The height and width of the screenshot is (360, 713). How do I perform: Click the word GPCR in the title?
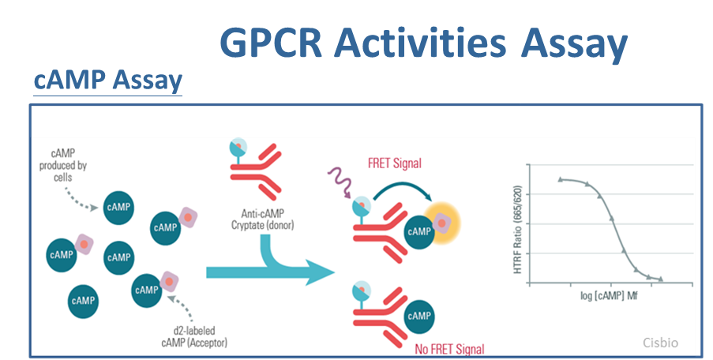(x=271, y=43)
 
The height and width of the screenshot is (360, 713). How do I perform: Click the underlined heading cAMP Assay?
(x=107, y=80)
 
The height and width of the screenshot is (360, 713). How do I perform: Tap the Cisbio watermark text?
(x=660, y=343)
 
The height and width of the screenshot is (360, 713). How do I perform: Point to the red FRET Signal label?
(x=395, y=163)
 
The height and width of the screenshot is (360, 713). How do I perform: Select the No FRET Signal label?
(x=449, y=349)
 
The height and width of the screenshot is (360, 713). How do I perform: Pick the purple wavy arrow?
(x=340, y=182)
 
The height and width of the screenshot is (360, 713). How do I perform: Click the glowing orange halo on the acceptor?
(x=442, y=223)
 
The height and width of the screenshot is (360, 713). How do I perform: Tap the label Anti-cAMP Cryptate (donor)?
(x=262, y=219)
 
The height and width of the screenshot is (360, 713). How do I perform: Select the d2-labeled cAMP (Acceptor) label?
(x=194, y=336)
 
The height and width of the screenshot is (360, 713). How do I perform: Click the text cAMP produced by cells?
(x=62, y=165)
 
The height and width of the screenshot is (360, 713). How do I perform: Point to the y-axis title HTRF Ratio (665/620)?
(x=517, y=229)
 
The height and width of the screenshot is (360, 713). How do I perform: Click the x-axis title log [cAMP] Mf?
(x=609, y=296)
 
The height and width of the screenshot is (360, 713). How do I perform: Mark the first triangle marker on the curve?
(x=561, y=179)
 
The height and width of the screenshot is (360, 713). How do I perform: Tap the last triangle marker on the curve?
(x=661, y=279)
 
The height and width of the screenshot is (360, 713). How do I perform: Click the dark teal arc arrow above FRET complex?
(x=403, y=186)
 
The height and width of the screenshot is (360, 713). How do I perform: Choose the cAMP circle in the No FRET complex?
(x=418, y=316)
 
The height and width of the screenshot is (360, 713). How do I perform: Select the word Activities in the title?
(x=420, y=43)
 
